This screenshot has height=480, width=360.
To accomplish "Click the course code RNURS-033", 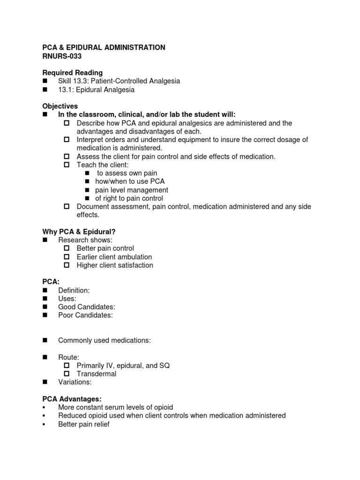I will pos(62,56).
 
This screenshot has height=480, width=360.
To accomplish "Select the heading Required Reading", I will pos(73,73).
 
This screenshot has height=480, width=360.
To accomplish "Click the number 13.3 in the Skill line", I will pos(82,81).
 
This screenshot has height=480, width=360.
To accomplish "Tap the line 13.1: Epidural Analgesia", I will pos(96,90).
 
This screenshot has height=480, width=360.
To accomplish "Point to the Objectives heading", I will pos(60,106).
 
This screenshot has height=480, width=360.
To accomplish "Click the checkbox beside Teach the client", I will pos(67,165).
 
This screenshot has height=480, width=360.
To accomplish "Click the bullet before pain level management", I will pos(87,190).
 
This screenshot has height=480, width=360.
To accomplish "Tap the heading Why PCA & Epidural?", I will pos(79,232).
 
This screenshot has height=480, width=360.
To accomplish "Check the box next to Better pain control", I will pos(67,248).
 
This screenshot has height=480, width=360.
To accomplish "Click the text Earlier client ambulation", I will pos(114,257).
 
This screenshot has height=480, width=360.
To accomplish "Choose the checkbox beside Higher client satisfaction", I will pos(67,265).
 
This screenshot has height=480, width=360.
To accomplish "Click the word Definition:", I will pos(74,290).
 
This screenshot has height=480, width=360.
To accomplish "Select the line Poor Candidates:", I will pos(85,315).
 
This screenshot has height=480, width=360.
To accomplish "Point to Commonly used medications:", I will pos(104,340).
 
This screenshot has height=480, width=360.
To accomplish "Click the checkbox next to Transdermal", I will pos(67,374).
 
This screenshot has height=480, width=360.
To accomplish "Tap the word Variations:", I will pos(74,382).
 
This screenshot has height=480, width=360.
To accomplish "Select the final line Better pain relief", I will pos(84,424).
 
